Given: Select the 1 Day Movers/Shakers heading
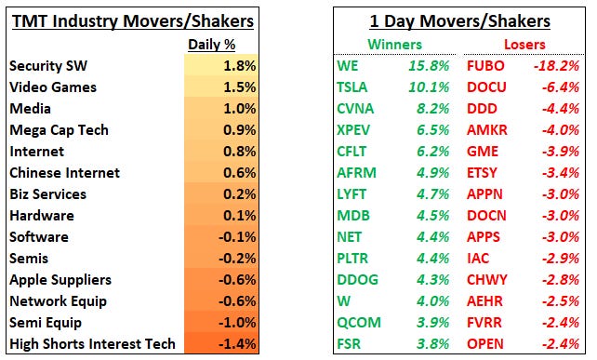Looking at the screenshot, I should pyautogui.click(x=458, y=20).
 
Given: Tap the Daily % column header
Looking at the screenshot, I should pyautogui.click(x=215, y=45).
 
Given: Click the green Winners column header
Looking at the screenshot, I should pyautogui.click(x=394, y=44).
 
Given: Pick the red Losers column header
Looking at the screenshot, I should pyautogui.click(x=524, y=44).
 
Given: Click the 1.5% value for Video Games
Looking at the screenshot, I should pyautogui.click(x=239, y=87).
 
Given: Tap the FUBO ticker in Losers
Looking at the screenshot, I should pyautogui.click(x=487, y=66).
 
